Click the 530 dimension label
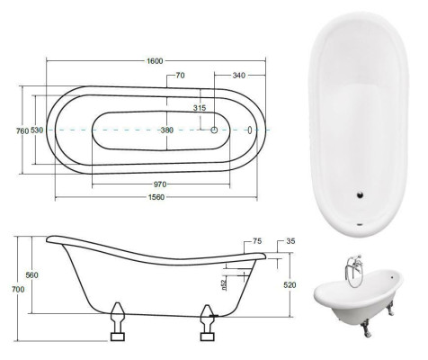(x=37, y=130)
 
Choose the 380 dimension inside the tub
(x=166, y=130)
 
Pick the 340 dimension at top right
(x=238, y=76)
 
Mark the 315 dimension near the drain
(x=200, y=108)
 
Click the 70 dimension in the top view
(x=181, y=76)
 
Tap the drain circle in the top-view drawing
(x=215, y=130)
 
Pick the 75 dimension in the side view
(x=257, y=241)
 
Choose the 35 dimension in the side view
(x=290, y=241)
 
